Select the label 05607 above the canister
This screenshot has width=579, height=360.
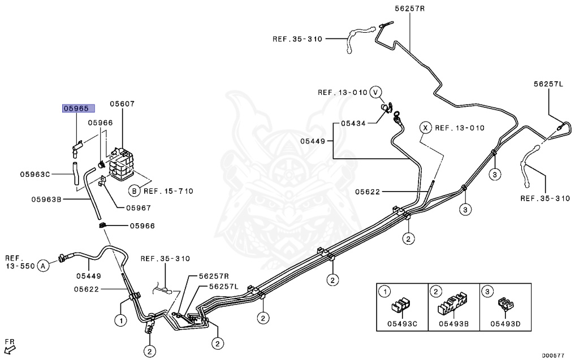[122, 104]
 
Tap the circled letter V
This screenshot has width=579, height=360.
[375, 92]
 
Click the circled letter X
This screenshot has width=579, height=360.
[425, 128]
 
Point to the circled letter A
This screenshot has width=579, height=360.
[44, 266]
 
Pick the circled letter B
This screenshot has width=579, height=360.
[135, 191]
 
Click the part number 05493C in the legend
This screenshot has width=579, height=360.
[402, 324]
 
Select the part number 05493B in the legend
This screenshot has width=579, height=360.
[454, 324]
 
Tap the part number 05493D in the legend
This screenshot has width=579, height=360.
[505, 324]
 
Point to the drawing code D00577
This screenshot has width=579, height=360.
[553, 355]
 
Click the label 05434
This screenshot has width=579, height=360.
[353, 123]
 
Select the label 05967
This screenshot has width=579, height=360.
[139, 208]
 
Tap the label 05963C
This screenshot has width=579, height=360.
[35, 174]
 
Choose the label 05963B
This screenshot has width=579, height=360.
[46, 199]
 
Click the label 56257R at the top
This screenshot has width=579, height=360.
[410, 8]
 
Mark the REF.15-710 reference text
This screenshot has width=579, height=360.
[168, 191]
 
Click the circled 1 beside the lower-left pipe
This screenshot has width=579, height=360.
[121, 320]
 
